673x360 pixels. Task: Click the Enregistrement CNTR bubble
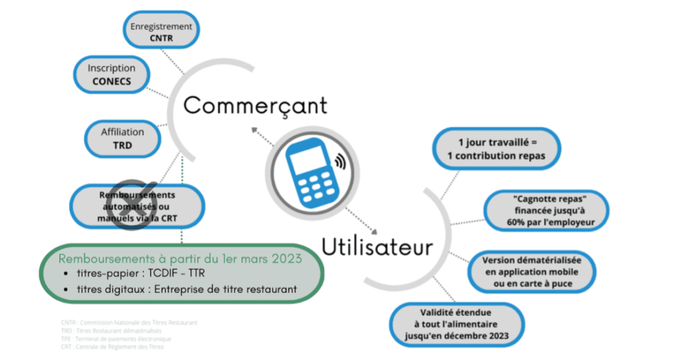click(162, 32)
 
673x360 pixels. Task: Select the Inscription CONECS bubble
click(112, 74)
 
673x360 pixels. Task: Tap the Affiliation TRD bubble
click(122, 138)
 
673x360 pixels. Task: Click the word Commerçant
click(254, 105)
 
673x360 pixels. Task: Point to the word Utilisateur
click(377, 247)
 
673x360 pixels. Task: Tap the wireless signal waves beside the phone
click(340, 160)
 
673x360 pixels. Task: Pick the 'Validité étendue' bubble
click(456, 325)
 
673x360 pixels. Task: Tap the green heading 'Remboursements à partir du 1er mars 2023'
click(180, 258)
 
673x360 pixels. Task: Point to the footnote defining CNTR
click(128, 323)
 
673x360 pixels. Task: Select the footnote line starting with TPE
click(114, 339)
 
